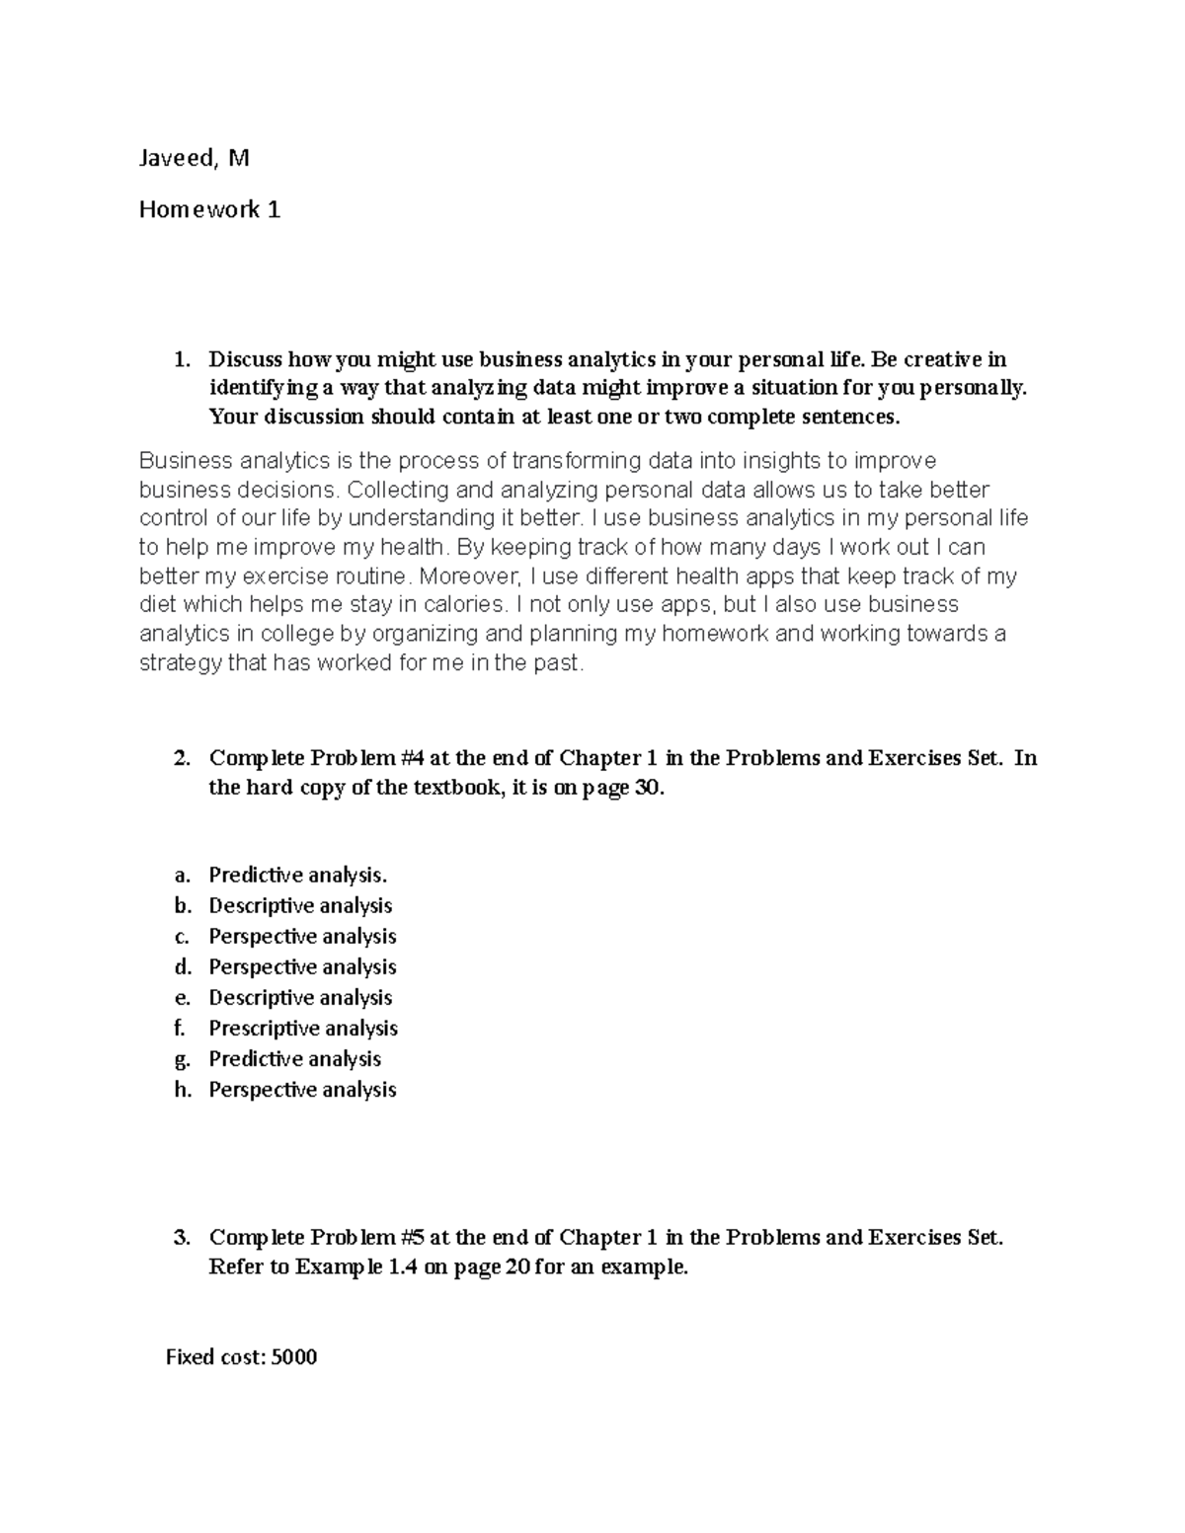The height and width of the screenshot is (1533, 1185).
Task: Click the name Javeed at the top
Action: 175,158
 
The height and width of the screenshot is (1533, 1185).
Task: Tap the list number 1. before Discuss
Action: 181,359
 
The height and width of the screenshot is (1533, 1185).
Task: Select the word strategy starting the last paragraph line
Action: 180,663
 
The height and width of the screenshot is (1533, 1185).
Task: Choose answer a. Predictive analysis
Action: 297,875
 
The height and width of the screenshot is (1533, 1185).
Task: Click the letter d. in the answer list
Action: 181,966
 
